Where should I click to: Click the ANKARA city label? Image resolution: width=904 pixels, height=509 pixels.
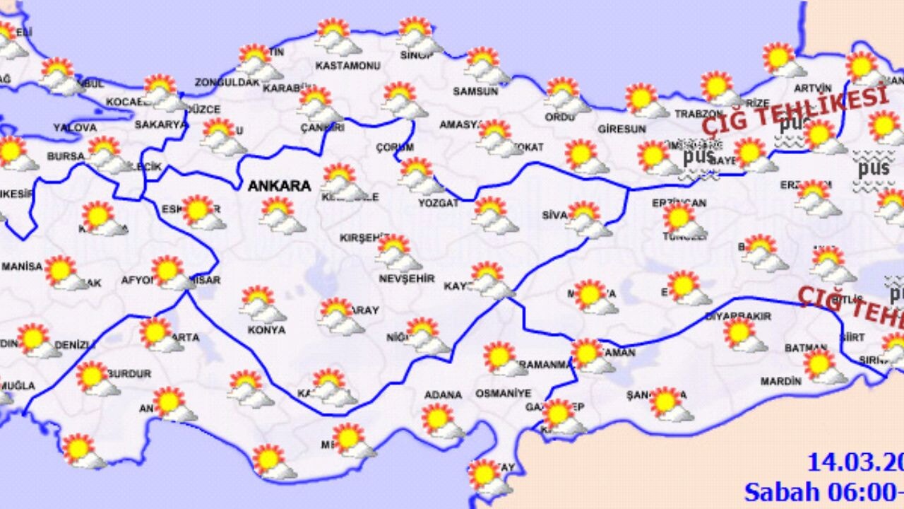(x=279, y=186)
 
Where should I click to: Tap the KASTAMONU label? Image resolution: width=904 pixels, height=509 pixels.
(x=347, y=66)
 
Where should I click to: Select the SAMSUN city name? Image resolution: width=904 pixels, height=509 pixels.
(x=475, y=91)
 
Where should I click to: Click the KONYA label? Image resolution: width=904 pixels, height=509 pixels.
(x=267, y=329)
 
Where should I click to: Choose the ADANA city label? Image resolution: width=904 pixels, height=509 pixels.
(x=443, y=394)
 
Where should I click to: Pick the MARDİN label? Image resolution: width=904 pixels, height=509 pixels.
(x=780, y=381)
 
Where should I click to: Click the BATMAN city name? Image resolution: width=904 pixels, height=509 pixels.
(x=805, y=348)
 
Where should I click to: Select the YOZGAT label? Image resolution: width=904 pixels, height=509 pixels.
(x=438, y=203)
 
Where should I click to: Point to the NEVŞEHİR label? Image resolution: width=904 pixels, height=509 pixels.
(x=408, y=279)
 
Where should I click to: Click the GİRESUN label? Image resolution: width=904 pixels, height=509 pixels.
(x=621, y=129)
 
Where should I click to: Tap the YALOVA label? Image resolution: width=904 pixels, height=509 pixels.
(x=74, y=128)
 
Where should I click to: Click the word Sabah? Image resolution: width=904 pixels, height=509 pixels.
(x=779, y=491)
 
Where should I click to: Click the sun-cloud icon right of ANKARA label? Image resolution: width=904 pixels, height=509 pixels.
(x=344, y=181)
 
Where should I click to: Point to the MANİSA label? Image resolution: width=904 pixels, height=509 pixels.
(x=22, y=267)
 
